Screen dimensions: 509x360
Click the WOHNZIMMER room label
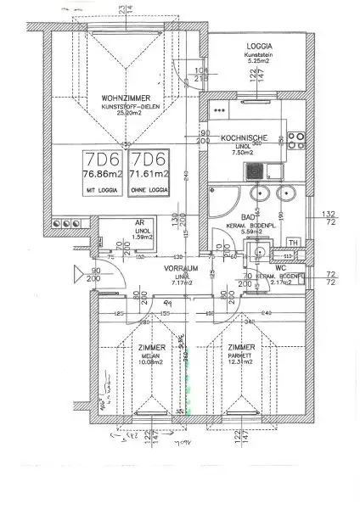pos(119,97)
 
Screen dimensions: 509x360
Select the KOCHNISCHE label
pos(245,137)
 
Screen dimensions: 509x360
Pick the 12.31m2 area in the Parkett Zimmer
pos(241,364)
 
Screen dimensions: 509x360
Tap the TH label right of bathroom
pos(293,240)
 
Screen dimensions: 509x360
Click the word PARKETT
pos(241,356)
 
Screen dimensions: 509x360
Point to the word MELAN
pos(149,356)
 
